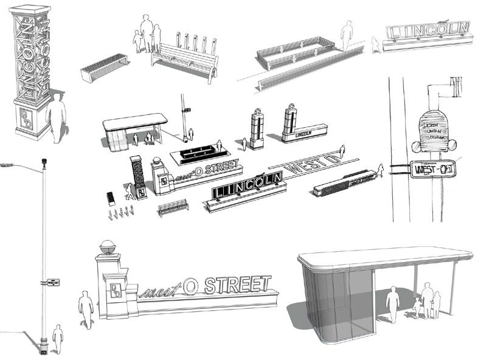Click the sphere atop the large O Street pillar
[x=107, y=247]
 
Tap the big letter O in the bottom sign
[x=190, y=286]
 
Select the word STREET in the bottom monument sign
[x=237, y=284]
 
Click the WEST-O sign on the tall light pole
[x=51, y=282]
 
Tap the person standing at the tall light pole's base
[x=58, y=337]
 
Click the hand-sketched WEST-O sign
[x=432, y=168]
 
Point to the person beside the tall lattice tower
[x=57, y=119]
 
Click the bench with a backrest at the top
[x=185, y=59]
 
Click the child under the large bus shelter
[x=417, y=307]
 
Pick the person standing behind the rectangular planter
[x=347, y=35]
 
